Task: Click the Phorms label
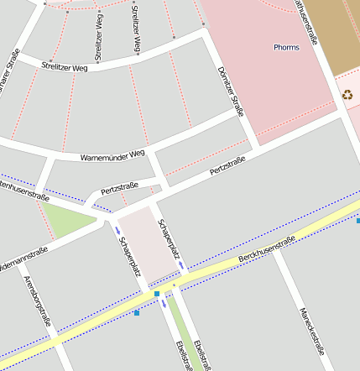click(x=286, y=47)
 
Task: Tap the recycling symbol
click(x=347, y=94)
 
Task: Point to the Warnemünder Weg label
click(x=112, y=156)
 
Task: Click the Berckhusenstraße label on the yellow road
click(x=267, y=250)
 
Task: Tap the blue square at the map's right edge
click(x=357, y=220)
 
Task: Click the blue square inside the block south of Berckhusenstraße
click(x=137, y=313)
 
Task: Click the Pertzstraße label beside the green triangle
click(x=119, y=191)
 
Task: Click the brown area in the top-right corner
click(x=336, y=34)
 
